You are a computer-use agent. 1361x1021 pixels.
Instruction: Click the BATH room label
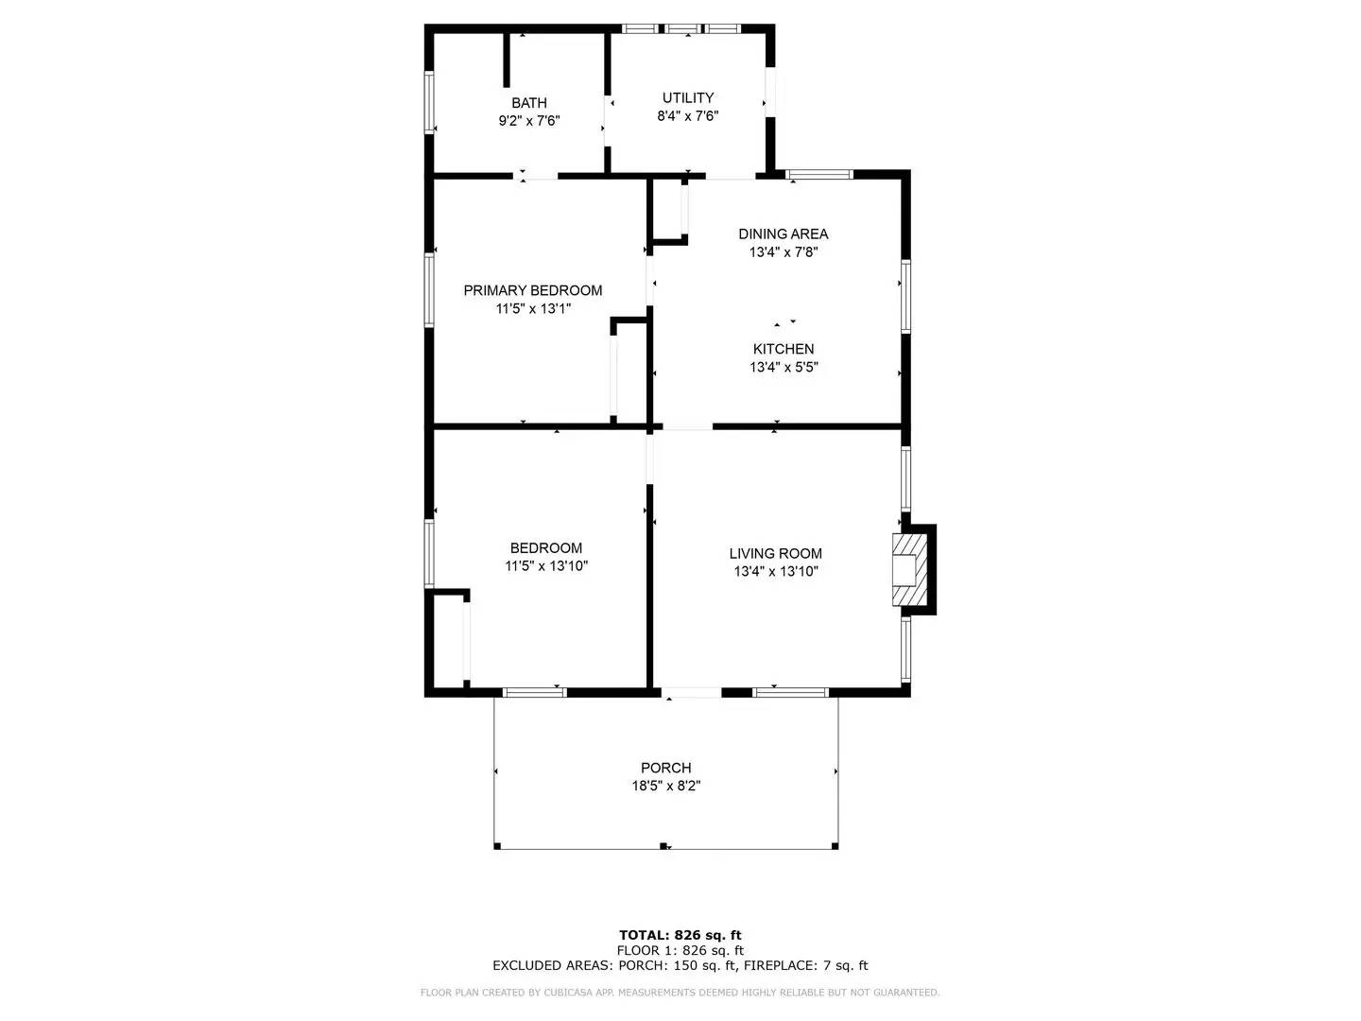[529, 103]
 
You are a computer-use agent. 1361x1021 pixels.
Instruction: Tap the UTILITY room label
[687, 97]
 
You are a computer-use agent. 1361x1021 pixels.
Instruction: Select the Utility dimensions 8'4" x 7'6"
[687, 116]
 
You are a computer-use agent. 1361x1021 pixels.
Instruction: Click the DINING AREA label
[783, 234]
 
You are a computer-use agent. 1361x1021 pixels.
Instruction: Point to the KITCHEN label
[783, 349]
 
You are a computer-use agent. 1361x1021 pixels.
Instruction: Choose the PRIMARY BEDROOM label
[532, 290]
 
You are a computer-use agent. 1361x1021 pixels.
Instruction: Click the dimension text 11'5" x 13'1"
[532, 309]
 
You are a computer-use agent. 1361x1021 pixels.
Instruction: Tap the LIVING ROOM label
[775, 553]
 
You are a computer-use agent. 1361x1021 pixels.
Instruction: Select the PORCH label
[665, 768]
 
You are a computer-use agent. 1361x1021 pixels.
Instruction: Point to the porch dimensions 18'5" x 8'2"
[665, 786]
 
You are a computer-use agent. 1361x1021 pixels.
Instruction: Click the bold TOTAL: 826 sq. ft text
[680, 935]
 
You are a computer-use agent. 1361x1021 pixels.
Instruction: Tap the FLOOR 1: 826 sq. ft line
[680, 950]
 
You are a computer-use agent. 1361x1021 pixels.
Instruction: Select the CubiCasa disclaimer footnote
[680, 993]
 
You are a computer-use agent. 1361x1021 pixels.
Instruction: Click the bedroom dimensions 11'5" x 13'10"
[546, 566]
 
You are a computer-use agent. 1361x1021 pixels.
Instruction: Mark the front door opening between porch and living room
[691, 693]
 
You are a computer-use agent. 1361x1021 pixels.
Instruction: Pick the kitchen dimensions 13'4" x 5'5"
[783, 368]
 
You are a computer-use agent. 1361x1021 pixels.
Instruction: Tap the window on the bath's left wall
[429, 102]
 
